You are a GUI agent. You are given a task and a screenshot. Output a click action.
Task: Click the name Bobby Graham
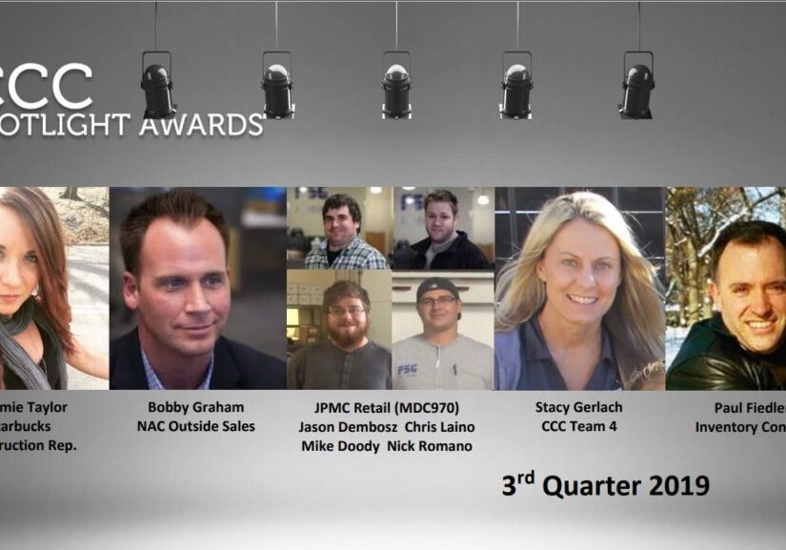coord(197,407)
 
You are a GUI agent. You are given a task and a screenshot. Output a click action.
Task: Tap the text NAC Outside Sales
coord(197,426)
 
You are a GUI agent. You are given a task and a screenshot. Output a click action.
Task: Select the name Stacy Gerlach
coord(578,407)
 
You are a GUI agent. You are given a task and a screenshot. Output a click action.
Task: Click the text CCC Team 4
coord(578,426)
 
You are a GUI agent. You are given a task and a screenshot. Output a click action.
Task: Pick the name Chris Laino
coord(439,426)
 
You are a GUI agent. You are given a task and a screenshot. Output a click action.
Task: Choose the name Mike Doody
coord(340,445)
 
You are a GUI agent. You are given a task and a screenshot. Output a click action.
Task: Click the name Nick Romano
coord(432,445)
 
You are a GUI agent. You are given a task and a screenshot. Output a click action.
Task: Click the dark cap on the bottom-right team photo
coord(437,287)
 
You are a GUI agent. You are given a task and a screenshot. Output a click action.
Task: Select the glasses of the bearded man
coord(347,311)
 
